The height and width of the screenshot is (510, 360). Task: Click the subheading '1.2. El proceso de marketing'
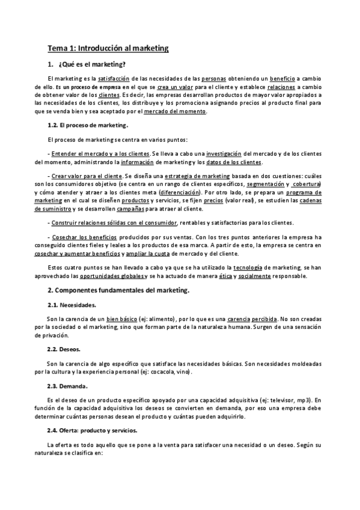pos(88,126)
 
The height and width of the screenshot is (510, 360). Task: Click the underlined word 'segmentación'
pos(266,183)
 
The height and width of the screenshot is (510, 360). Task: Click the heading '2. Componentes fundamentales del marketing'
pos(118,290)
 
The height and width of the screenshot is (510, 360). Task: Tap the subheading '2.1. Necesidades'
pos(72,305)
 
